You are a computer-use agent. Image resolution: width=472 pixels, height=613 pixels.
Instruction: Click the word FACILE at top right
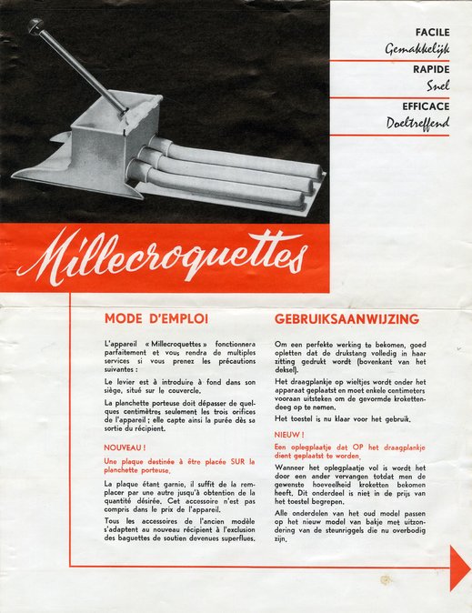click(432, 32)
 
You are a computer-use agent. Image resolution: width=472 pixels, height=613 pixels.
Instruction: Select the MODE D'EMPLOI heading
click(156, 319)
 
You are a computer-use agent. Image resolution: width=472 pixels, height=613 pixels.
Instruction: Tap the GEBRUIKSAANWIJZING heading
click(346, 319)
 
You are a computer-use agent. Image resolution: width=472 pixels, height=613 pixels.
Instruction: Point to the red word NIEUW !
click(289, 435)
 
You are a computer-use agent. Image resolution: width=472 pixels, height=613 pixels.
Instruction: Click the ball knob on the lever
click(36, 27)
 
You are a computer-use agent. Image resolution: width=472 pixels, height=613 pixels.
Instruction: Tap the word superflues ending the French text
click(235, 538)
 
